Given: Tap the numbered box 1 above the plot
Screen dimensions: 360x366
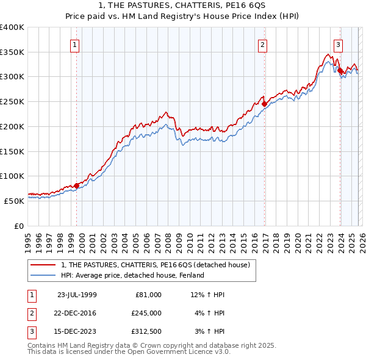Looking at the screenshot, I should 74,44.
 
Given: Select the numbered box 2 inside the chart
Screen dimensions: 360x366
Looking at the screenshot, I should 262,44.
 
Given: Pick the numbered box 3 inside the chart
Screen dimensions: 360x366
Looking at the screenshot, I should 338,44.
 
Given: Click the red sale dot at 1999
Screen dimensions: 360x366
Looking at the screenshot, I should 77,185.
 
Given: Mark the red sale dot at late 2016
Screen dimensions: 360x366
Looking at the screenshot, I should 264,104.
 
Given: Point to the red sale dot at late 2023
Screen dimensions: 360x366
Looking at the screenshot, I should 340,70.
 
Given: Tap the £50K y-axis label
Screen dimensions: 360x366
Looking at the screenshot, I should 15,200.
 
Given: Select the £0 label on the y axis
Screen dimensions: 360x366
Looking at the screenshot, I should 19,226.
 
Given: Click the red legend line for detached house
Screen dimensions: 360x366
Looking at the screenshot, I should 43,265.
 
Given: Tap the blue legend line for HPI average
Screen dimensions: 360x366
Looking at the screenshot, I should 43,275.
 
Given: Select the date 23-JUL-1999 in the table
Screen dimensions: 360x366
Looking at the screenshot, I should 77,295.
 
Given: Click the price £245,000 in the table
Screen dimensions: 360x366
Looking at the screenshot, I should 146,313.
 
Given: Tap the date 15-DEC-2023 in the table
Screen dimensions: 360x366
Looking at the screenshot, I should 77,331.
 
